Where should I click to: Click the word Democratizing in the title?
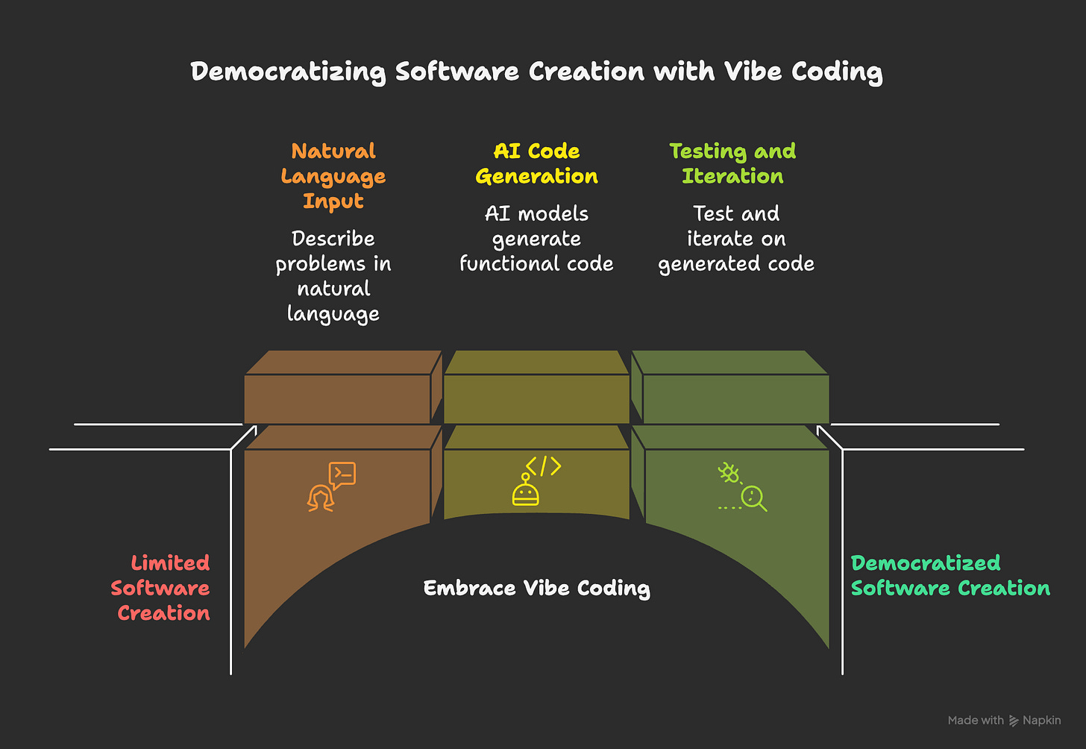coord(288,72)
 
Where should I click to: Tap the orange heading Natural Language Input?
coord(333,176)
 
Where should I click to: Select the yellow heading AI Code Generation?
coord(536,163)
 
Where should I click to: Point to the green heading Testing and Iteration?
coord(732,163)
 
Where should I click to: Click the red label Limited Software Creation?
coord(162,588)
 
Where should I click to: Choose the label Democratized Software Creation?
coord(950,575)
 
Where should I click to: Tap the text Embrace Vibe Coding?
coord(536,588)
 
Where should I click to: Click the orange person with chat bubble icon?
coord(331,486)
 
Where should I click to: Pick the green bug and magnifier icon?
coord(742,486)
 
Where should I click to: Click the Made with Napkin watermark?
coord(1004,721)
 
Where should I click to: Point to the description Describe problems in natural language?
coord(333,276)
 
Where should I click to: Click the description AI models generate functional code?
coord(536,239)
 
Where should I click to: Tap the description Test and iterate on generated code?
coord(736,239)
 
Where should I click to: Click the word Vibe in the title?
coord(753,72)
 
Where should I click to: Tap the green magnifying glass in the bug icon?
coord(753,498)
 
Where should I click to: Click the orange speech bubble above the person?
coord(342,474)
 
